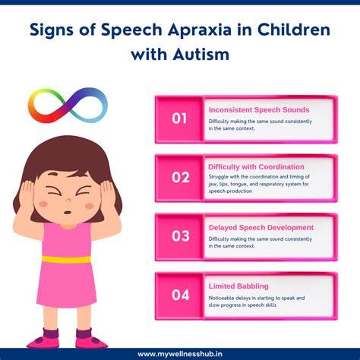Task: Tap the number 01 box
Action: click(179, 119)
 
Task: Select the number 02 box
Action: click(180, 177)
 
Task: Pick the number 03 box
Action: click(180, 235)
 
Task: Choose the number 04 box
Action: click(180, 294)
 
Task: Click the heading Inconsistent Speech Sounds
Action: click(259, 109)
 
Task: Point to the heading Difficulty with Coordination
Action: click(256, 166)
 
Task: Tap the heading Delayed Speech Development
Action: click(261, 227)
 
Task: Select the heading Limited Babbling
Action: click(238, 286)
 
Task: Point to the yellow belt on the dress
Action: click(66, 259)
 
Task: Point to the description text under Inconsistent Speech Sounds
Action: click(258, 125)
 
